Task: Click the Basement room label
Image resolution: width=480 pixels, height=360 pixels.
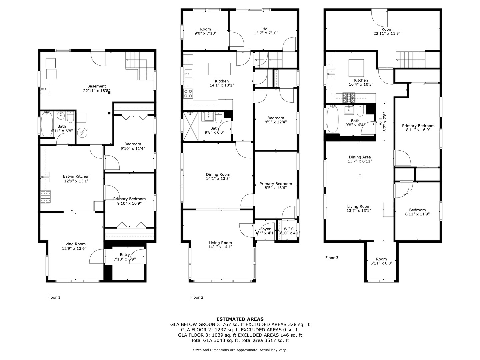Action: (96, 86)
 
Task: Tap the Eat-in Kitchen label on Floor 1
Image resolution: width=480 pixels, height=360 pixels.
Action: (76, 176)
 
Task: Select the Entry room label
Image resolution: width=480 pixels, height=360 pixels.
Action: (125, 255)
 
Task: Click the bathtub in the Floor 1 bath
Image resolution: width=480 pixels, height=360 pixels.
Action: (47, 124)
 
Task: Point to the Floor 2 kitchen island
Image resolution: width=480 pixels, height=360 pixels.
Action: (219, 69)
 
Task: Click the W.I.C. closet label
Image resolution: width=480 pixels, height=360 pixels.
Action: (289, 229)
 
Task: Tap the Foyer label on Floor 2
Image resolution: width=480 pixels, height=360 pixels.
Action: (265, 229)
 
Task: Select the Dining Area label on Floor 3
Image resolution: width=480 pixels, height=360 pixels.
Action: (360, 157)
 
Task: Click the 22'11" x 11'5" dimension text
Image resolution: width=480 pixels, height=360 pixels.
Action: (387, 33)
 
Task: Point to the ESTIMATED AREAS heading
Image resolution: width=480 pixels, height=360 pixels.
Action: (240, 319)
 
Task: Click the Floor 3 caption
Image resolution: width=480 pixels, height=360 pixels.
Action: (332, 258)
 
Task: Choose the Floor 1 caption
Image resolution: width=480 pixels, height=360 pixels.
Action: (54, 297)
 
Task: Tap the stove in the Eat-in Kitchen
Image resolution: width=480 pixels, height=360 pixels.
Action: (46, 197)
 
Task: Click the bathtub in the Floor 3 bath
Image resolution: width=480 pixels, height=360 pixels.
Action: (333, 119)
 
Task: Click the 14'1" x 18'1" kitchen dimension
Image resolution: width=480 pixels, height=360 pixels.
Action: (222, 85)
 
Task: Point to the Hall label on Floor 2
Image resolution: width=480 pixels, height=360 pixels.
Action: (266, 29)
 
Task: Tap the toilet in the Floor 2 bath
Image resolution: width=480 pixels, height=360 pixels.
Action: (219, 118)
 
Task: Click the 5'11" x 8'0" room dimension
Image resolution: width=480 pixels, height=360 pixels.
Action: (381, 263)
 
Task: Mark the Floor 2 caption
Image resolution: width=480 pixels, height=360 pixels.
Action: (197, 297)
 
